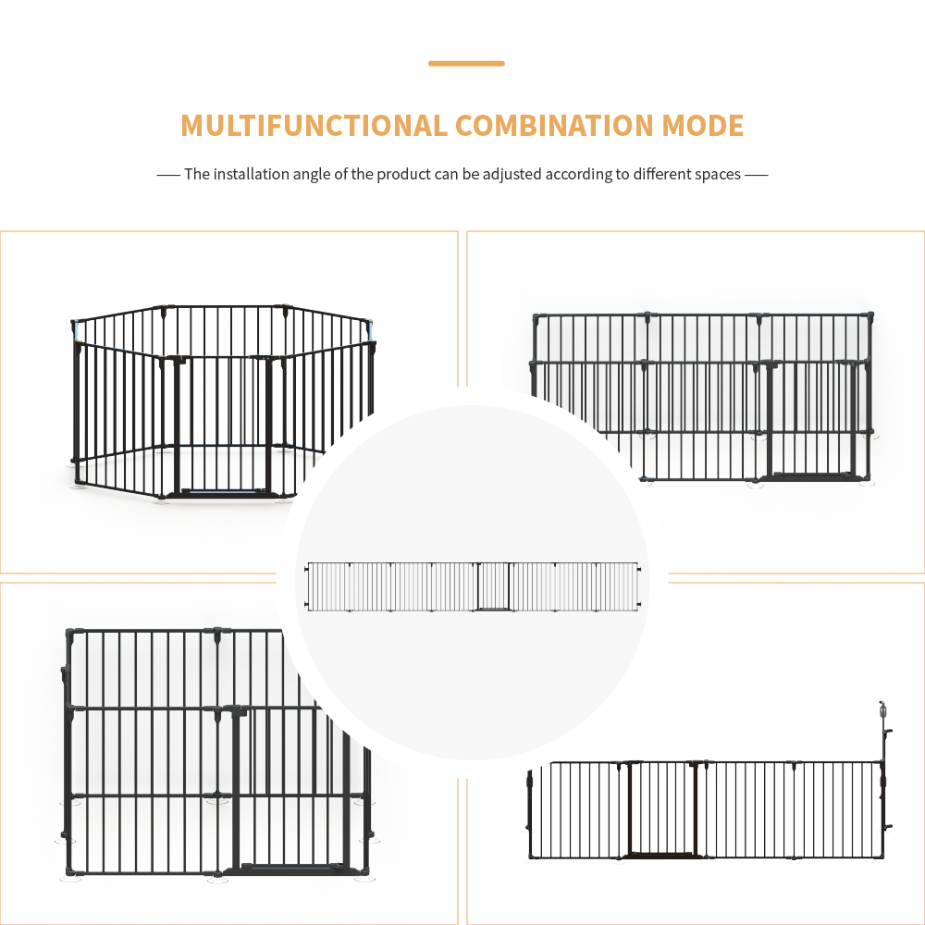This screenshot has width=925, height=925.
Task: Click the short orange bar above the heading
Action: [466, 64]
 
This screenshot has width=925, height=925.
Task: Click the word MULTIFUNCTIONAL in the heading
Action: [313, 126]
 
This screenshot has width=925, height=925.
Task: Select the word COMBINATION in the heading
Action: [553, 126]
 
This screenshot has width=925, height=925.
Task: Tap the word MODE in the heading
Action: [703, 126]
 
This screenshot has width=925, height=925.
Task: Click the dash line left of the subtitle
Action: [167, 174]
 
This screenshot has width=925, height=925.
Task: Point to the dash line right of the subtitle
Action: [757, 174]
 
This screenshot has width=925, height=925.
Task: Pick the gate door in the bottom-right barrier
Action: [662, 809]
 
